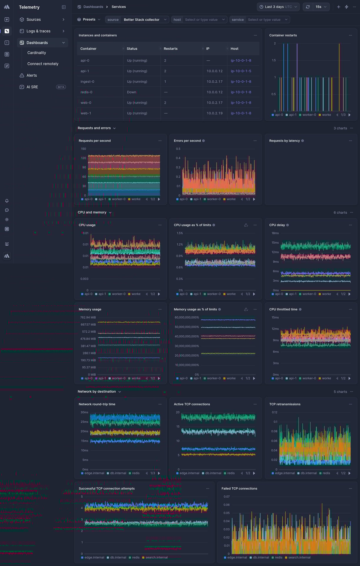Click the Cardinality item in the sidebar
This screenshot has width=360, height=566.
click(x=36, y=53)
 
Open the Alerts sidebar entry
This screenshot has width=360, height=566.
click(x=31, y=75)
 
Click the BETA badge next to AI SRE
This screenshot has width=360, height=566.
click(x=61, y=87)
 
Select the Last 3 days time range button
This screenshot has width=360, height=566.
click(x=278, y=7)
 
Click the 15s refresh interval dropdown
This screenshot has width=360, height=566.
click(x=321, y=7)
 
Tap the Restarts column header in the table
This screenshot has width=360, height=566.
click(x=171, y=49)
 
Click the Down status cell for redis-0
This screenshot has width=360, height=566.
click(x=131, y=92)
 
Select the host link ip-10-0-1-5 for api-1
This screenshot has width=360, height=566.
click(x=241, y=71)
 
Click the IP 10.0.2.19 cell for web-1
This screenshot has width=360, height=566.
click(x=214, y=113)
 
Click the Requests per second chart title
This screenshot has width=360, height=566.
click(x=95, y=141)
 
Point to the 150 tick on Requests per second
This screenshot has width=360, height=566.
click(x=84, y=149)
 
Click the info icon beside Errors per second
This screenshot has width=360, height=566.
click(x=204, y=141)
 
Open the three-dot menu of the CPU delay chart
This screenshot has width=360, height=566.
click(x=350, y=225)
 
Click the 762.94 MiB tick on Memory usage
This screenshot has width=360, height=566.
click(x=88, y=317)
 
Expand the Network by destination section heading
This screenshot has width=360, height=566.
click(x=97, y=392)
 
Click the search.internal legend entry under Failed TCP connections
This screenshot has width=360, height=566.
click(x=299, y=557)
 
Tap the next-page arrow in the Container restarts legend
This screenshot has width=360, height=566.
click(x=349, y=115)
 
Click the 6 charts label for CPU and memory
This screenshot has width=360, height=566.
click(x=340, y=212)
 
